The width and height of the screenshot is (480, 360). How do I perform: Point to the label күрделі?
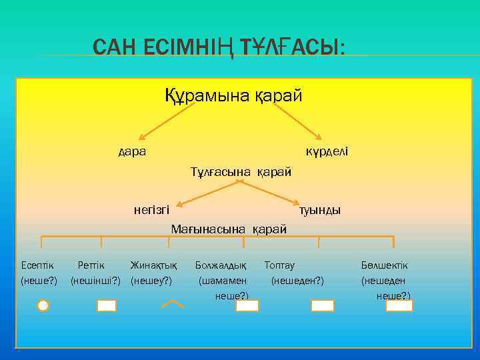(327, 151)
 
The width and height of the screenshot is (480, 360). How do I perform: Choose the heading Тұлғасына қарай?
(241, 172)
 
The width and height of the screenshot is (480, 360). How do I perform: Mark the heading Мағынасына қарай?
(229, 229)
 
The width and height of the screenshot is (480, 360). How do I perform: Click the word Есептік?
(37, 265)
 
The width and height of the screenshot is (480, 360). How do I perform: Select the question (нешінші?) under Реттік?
(95, 280)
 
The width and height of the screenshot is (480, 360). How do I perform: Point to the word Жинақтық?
(153, 265)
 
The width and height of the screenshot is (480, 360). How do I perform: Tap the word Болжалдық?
(220, 265)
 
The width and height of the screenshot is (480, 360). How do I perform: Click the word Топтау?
(279, 265)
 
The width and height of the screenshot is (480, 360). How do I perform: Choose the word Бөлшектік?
(385, 265)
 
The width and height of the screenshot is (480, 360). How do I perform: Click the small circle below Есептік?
(43, 306)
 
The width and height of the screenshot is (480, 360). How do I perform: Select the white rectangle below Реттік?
(107, 306)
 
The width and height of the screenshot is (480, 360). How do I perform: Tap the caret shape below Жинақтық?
(173, 304)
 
